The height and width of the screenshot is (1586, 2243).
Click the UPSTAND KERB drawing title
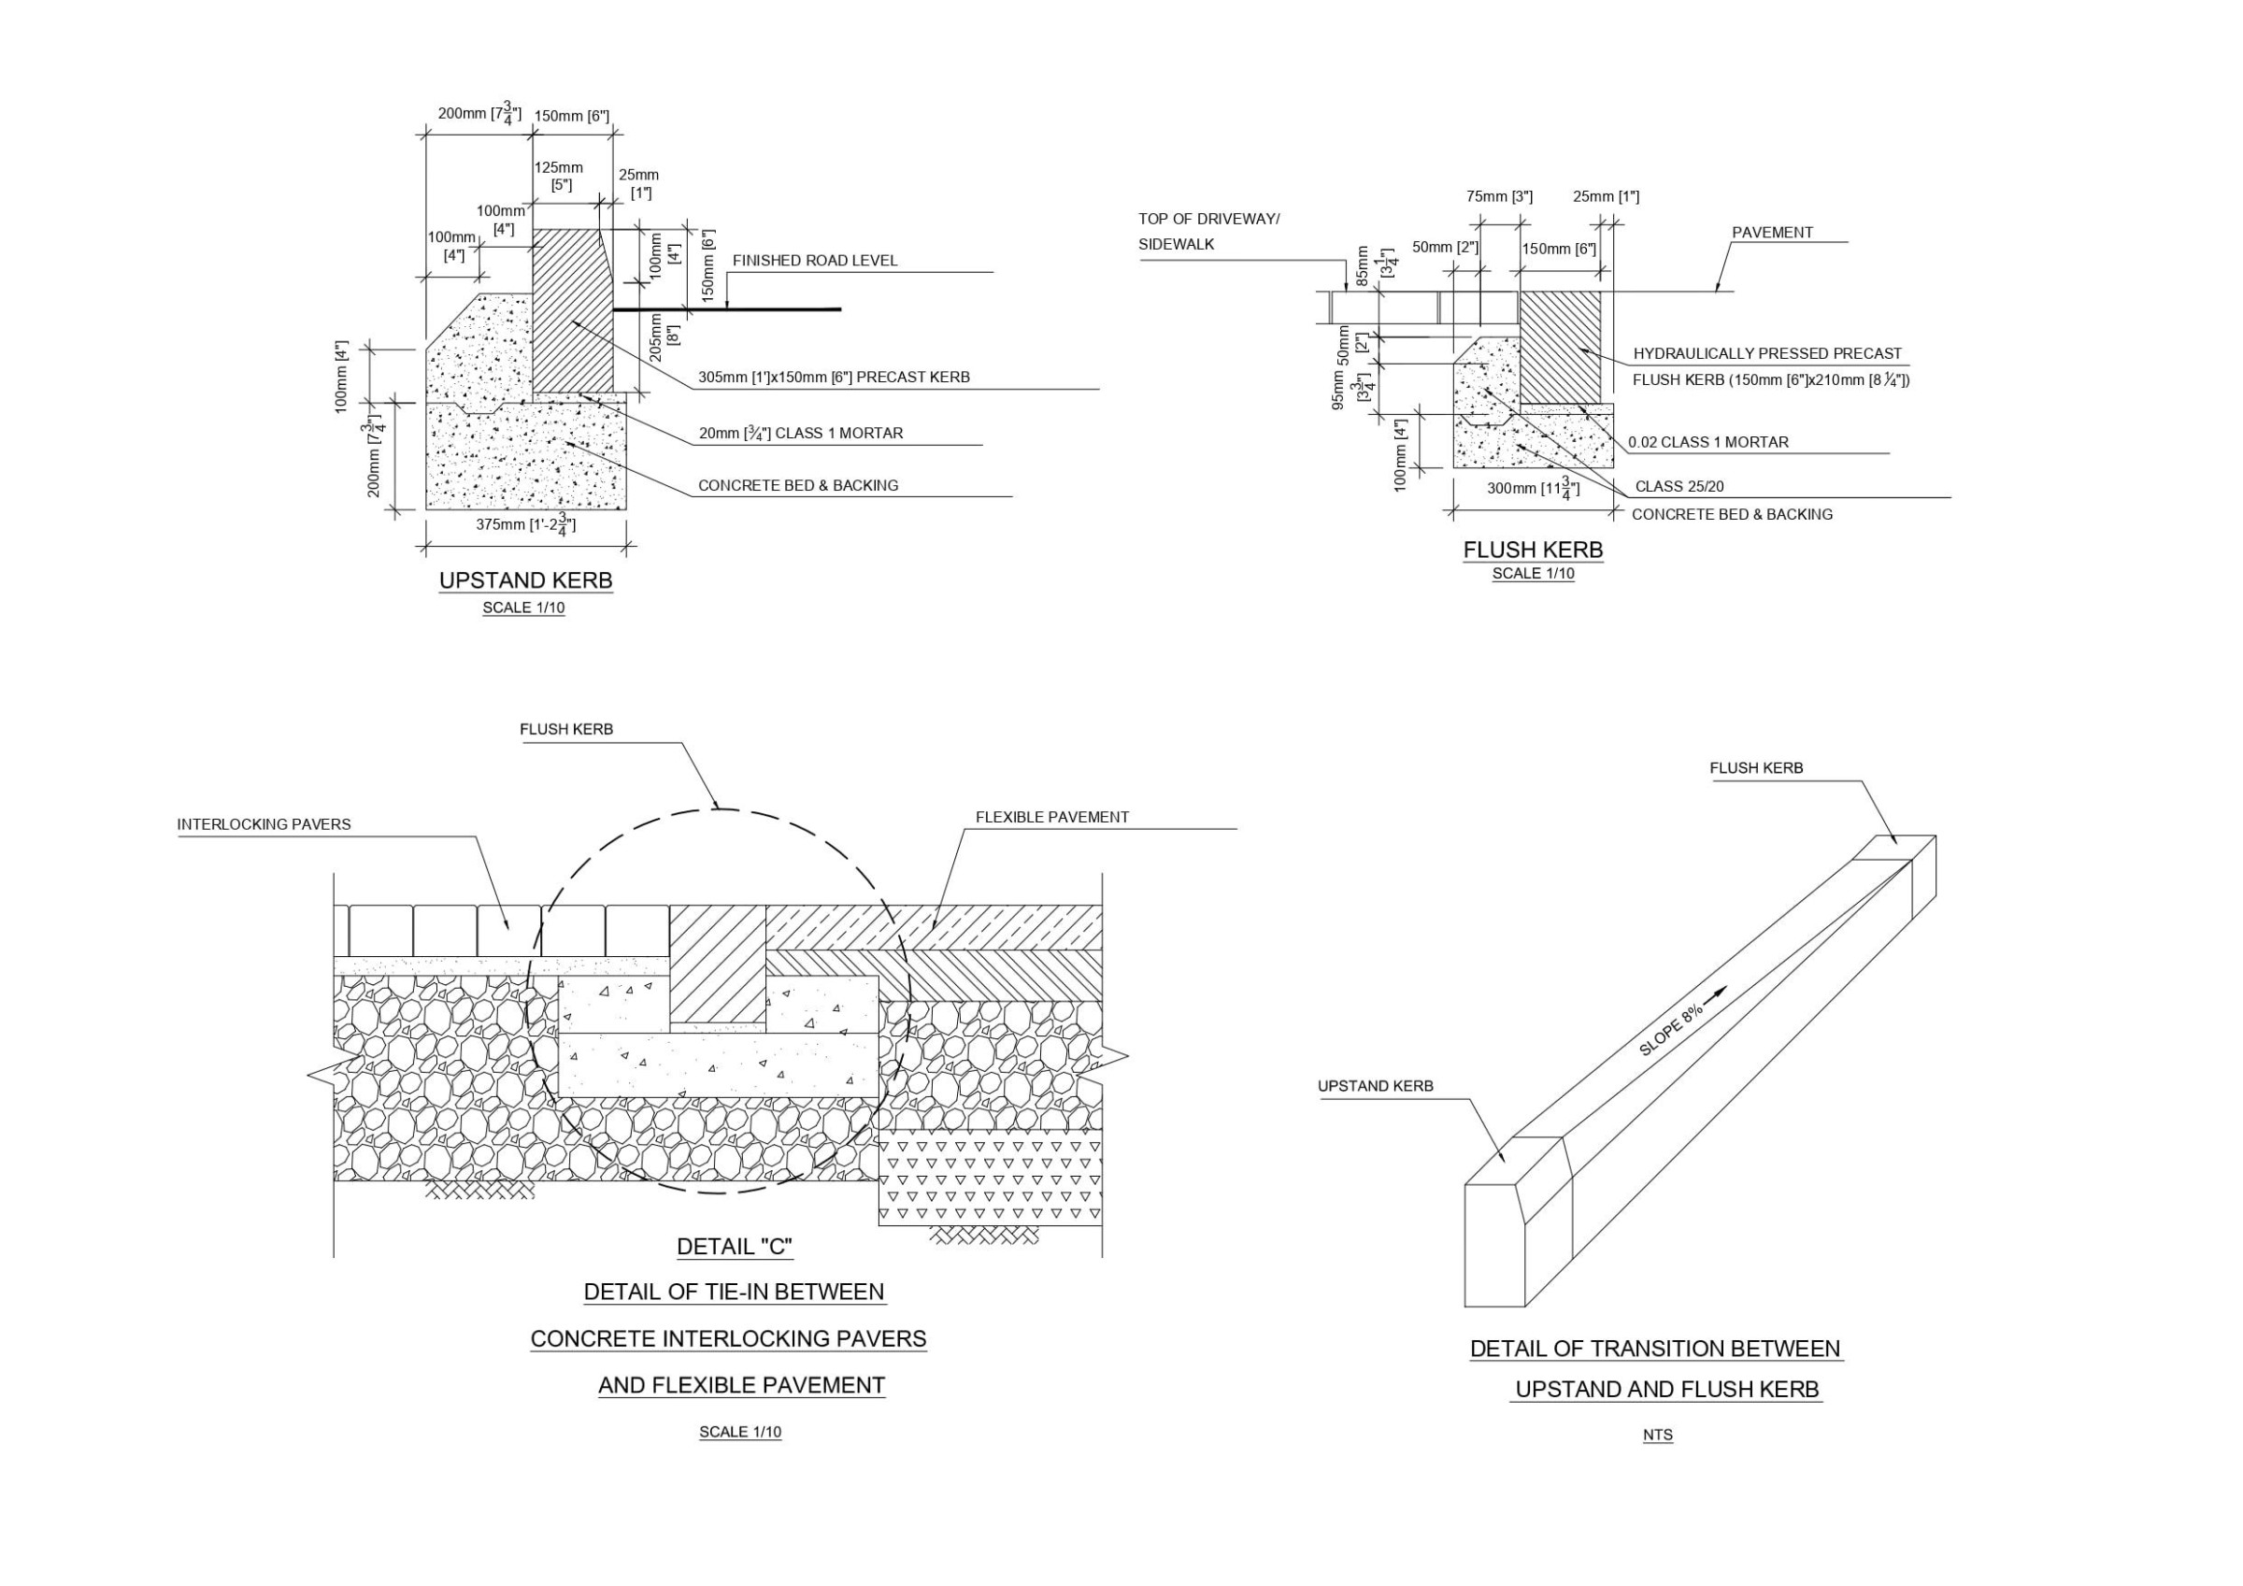tap(525, 580)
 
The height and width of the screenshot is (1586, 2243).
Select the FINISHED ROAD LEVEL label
tap(815, 261)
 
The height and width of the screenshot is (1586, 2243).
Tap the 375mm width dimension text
tap(525, 524)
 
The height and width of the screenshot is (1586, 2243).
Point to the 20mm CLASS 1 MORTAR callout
tap(800, 433)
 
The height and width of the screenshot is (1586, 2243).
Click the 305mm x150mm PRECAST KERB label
tap(834, 378)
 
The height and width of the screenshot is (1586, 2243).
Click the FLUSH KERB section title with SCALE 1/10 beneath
tap(1533, 550)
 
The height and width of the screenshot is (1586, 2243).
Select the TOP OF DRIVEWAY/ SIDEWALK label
tap(1207, 232)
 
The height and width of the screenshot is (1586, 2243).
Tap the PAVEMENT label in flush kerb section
tap(1772, 233)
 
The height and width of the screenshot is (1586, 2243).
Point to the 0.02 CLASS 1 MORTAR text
tap(1707, 443)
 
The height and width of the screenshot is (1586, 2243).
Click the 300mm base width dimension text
tap(1533, 488)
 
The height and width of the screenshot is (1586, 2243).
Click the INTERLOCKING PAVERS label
tap(264, 824)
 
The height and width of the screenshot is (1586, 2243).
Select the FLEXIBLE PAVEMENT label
tap(1052, 817)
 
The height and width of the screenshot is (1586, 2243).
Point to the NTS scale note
tap(1657, 1436)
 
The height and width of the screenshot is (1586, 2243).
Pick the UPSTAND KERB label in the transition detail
tap(1376, 1086)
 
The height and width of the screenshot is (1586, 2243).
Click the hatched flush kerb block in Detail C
tap(717, 964)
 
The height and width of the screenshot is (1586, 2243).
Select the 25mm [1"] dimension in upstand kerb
tap(639, 184)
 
